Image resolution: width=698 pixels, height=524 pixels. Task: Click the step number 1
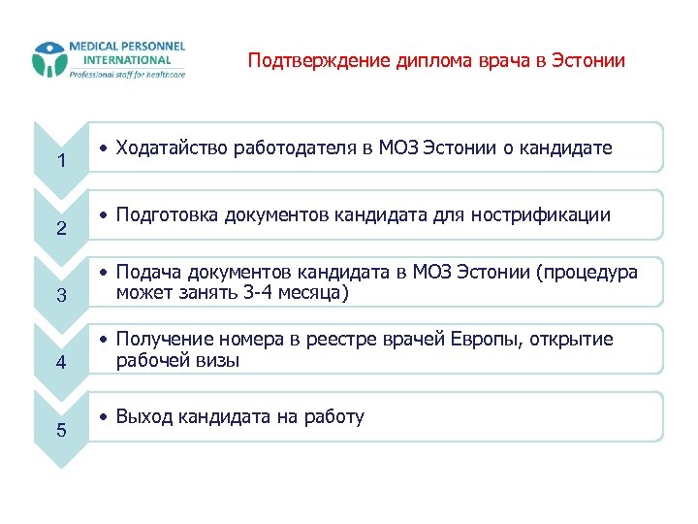(x=60, y=161)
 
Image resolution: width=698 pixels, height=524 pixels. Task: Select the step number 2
(x=60, y=229)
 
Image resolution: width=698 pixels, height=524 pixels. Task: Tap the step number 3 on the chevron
(x=60, y=296)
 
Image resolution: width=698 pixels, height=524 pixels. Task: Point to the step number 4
(x=60, y=363)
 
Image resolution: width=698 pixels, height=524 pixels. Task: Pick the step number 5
(x=60, y=430)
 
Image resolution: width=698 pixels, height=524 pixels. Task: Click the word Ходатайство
(x=166, y=148)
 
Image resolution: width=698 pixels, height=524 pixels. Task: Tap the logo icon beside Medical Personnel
(x=48, y=60)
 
